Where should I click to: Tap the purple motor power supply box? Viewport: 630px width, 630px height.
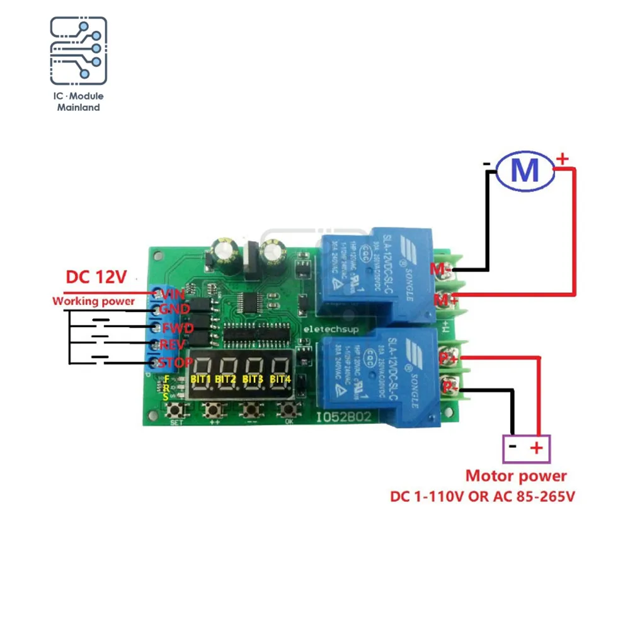(x=526, y=449)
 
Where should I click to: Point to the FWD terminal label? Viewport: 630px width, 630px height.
(x=173, y=328)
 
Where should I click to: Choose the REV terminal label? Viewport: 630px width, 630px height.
(x=172, y=345)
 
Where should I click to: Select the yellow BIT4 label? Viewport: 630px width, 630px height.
(x=280, y=379)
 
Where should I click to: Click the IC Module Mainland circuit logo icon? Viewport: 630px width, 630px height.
(x=79, y=52)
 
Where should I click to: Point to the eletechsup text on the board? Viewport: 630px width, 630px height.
(x=325, y=329)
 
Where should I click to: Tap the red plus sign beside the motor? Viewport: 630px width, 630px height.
(x=563, y=160)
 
